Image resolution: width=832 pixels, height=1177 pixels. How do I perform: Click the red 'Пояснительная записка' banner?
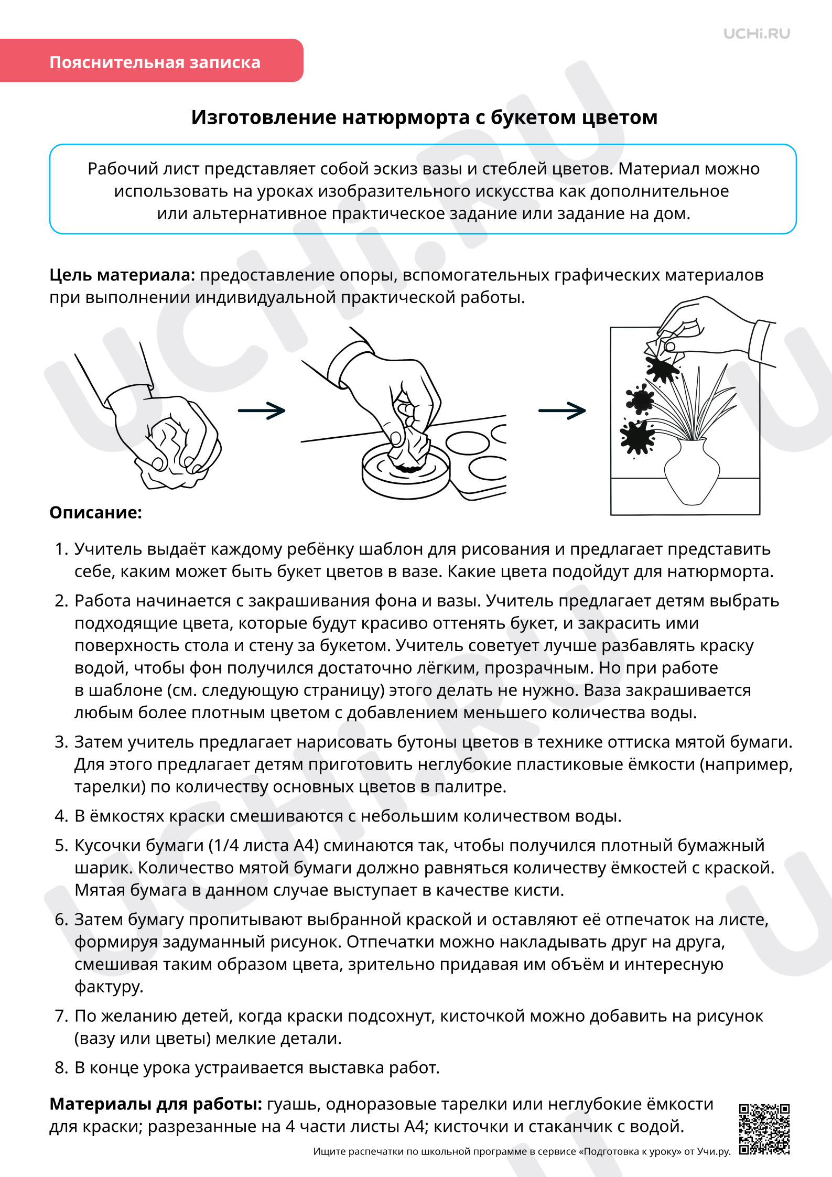(x=152, y=60)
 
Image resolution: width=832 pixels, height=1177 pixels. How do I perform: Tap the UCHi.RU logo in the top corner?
(x=757, y=34)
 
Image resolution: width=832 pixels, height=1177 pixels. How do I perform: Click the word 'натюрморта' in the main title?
(x=406, y=117)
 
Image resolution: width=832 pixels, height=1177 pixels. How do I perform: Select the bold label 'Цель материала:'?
(x=122, y=275)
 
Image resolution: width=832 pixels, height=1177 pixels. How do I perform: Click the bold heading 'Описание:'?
(x=95, y=512)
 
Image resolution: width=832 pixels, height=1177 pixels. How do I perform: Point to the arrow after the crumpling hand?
(x=262, y=411)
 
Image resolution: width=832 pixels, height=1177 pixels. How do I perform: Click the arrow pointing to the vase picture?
(x=562, y=411)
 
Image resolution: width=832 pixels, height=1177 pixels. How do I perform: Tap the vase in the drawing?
(x=693, y=472)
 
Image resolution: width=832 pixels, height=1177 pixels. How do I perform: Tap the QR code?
(x=764, y=1129)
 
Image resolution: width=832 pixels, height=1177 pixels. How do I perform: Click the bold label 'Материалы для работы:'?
(x=156, y=1104)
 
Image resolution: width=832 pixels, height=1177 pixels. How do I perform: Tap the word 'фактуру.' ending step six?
(x=109, y=987)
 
